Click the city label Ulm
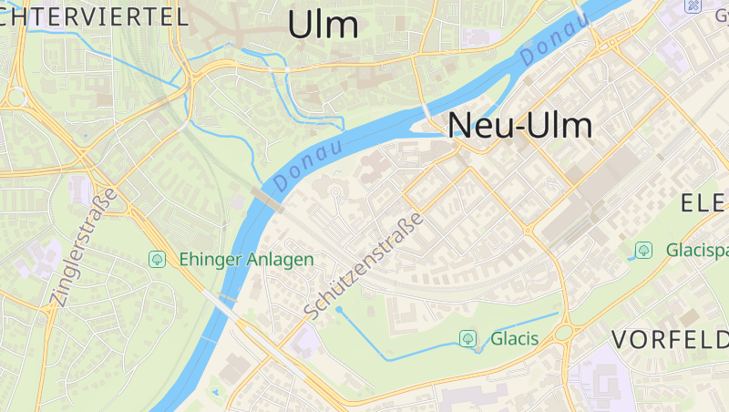(323, 25)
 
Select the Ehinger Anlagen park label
(246, 260)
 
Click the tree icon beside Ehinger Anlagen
(158, 260)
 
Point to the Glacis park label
(515, 339)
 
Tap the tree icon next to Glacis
(468, 339)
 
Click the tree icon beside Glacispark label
(644, 249)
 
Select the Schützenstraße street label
(364, 266)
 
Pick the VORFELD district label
(670, 341)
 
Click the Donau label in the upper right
(555, 42)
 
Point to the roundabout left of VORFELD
(566, 332)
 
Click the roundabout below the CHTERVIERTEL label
(15, 96)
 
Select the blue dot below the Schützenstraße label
(339, 310)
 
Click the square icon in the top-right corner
(694, 5)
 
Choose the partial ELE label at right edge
(704, 203)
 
